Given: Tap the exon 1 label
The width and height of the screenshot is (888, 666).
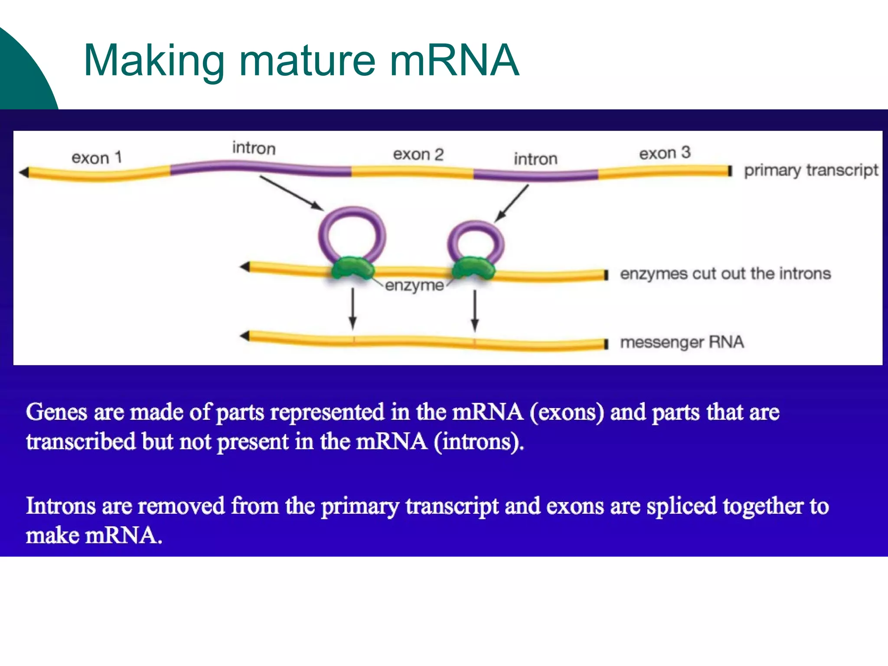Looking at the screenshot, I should click(x=96, y=158).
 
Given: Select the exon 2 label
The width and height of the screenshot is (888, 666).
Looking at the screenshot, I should click(x=418, y=154).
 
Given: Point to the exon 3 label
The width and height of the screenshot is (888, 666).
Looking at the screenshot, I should click(x=664, y=153).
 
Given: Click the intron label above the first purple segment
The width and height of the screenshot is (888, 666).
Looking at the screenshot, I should click(x=254, y=148).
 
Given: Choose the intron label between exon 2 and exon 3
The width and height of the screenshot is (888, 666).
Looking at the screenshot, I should click(x=535, y=159).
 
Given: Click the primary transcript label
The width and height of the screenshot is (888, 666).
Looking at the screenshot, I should click(x=811, y=170).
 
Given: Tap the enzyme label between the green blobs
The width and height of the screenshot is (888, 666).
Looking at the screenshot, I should click(x=414, y=285).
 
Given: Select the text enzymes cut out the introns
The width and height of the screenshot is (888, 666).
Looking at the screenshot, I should click(x=725, y=274).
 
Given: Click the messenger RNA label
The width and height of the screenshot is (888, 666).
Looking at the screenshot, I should click(x=682, y=343).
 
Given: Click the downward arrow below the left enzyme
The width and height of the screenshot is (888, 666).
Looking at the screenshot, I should click(x=353, y=309).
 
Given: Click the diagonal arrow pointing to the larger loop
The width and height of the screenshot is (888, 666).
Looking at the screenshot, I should click(x=291, y=193).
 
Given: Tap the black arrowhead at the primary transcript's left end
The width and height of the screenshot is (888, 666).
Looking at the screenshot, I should click(x=24, y=173).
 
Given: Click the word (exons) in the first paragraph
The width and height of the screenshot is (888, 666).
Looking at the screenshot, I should click(x=566, y=412).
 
